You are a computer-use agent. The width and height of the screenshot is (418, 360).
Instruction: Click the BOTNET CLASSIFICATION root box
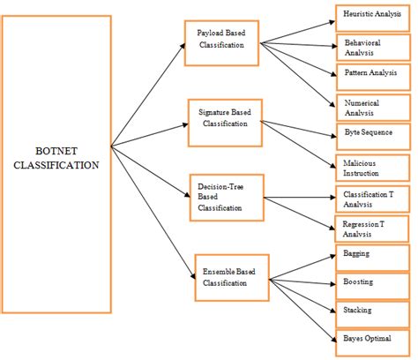56,164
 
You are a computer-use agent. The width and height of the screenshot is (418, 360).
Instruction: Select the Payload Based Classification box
220,40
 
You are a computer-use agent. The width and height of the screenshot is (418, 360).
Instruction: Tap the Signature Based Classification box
225,116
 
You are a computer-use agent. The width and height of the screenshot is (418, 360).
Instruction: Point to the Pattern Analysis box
373,75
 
